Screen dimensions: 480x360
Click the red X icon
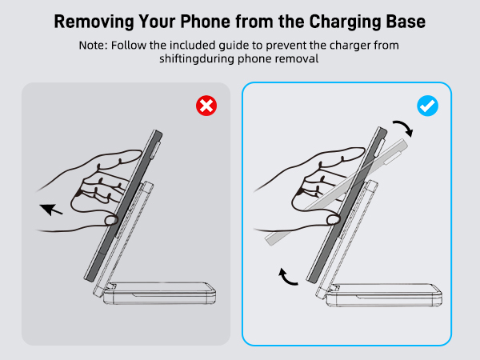pyautogui.click(x=206, y=106)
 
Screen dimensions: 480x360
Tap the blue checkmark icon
pyautogui.click(x=428, y=106)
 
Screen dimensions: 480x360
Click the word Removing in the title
pyautogui.click(x=94, y=22)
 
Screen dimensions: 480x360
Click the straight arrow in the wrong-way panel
pyautogui.click(x=51, y=210)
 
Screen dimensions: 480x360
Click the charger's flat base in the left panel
pyautogui.click(x=159, y=294)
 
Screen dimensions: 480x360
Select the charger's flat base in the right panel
pyautogui.click(x=384, y=294)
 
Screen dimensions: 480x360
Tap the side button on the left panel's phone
pyautogui.click(x=157, y=146)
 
